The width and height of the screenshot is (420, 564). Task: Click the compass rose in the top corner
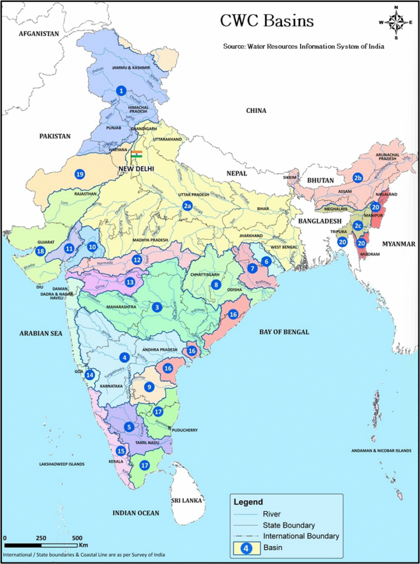(x=395, y=21)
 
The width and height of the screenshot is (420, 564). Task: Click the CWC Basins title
(x=267, y=21)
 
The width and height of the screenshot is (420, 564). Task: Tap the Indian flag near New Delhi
(x=137, y=154)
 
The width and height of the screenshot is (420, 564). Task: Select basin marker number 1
(x=121, y=90)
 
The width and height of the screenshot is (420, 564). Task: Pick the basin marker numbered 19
(x=80, y=174)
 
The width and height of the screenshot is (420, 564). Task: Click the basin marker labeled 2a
(x=188, y=206)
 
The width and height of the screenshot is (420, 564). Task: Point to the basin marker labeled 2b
(x=358, y=178)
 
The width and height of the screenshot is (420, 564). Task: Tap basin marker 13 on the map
(x=130, y=283)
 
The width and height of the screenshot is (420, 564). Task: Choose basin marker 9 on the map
(x=148, y=387)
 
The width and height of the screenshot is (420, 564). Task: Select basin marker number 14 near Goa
(x=90, y=375)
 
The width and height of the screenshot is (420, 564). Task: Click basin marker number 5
(x=129, y=426)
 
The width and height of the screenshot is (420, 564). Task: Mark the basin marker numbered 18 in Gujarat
(x=40, y=251)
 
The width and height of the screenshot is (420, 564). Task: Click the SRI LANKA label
(x=186, y=500)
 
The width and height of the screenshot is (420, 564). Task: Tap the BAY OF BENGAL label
(x=284, y=332)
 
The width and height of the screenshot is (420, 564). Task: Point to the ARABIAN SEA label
(x=41, y=333)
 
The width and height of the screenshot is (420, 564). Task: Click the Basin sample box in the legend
(x=246, y=548)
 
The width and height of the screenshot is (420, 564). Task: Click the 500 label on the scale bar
(x=77, y=538)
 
